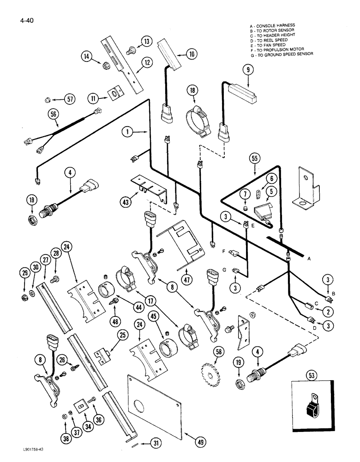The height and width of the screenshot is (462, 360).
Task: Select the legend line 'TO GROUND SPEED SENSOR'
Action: pyautogui.click(x=281, y=54)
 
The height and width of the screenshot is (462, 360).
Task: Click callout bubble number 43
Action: pyautogui.click(x=126, y=201)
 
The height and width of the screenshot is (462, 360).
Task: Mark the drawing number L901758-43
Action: pyautogui.click(x=23, y=455)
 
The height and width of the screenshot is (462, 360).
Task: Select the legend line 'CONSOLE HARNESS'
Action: pyautogui.click(x=276, y=25)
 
